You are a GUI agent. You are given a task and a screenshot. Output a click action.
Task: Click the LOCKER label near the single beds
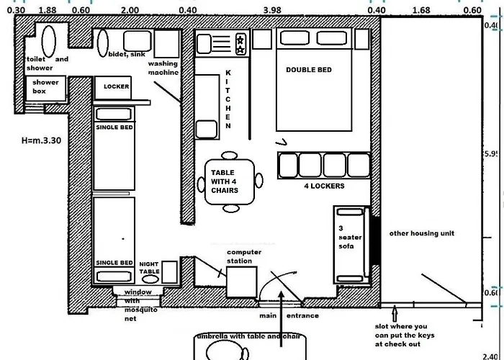[116, 86]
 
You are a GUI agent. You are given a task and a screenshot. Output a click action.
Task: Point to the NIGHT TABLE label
[149, 267]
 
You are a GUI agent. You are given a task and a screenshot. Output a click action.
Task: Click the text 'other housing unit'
[422, 233]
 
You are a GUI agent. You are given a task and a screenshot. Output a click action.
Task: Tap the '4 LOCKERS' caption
[324, 186]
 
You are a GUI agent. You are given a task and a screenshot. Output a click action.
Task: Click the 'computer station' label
[239, 256]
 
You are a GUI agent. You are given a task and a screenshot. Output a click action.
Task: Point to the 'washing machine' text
[163, 68]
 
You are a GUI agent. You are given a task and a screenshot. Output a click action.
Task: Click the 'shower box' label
[44, 87]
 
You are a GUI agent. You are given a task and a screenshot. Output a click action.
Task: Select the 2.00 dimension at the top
[130, 9]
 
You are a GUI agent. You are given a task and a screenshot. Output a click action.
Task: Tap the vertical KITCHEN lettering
[228, 99]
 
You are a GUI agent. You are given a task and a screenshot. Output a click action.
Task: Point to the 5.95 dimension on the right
[492, 154]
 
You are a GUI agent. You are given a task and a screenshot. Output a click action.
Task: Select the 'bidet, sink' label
[126, 54]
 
